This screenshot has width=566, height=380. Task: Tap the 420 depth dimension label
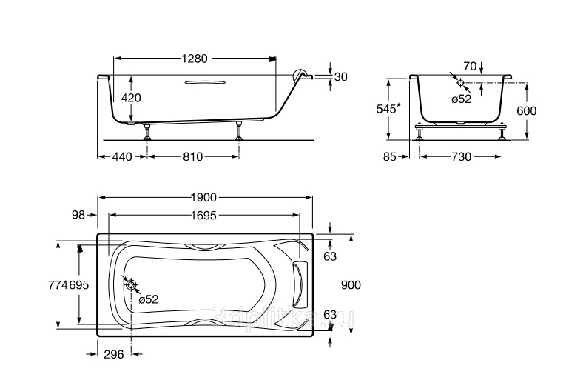tap(130, 98)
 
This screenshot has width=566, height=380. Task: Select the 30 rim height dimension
tap(340, 76)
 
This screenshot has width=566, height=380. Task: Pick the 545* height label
tap(388, 107)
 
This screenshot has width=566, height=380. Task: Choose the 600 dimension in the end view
tap(527, 111)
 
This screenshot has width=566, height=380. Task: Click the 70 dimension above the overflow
tap(470, 67)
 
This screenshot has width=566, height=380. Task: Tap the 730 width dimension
tap(462, 157)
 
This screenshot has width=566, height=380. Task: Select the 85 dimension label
tap(390, 157)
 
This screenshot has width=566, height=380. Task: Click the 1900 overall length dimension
tap(203, 197)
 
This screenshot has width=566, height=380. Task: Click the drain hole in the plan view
tap(132, 284)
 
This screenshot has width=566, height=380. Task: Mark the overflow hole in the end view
tap(460, 83)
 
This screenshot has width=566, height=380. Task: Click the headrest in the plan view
tap(300, 284)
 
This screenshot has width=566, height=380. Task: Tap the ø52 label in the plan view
tap(149, 299)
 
